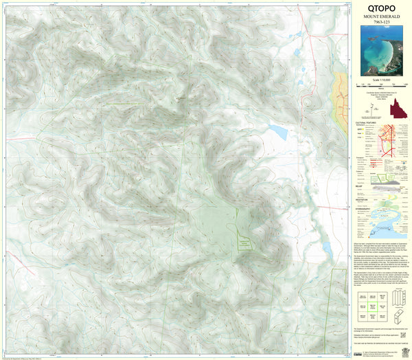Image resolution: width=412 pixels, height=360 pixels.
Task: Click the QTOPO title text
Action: [x=380, y=10]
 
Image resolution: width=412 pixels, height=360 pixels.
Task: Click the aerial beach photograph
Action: [x=380, y=53]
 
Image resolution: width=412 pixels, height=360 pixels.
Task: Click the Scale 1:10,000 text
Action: [x=380, y=82]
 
